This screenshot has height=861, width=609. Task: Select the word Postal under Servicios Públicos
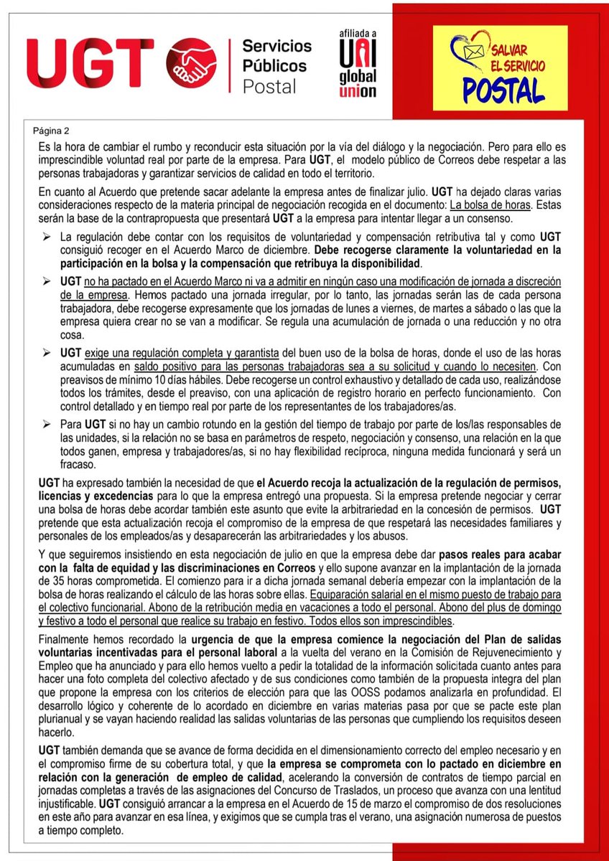269,87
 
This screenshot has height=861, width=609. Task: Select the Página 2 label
52,131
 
